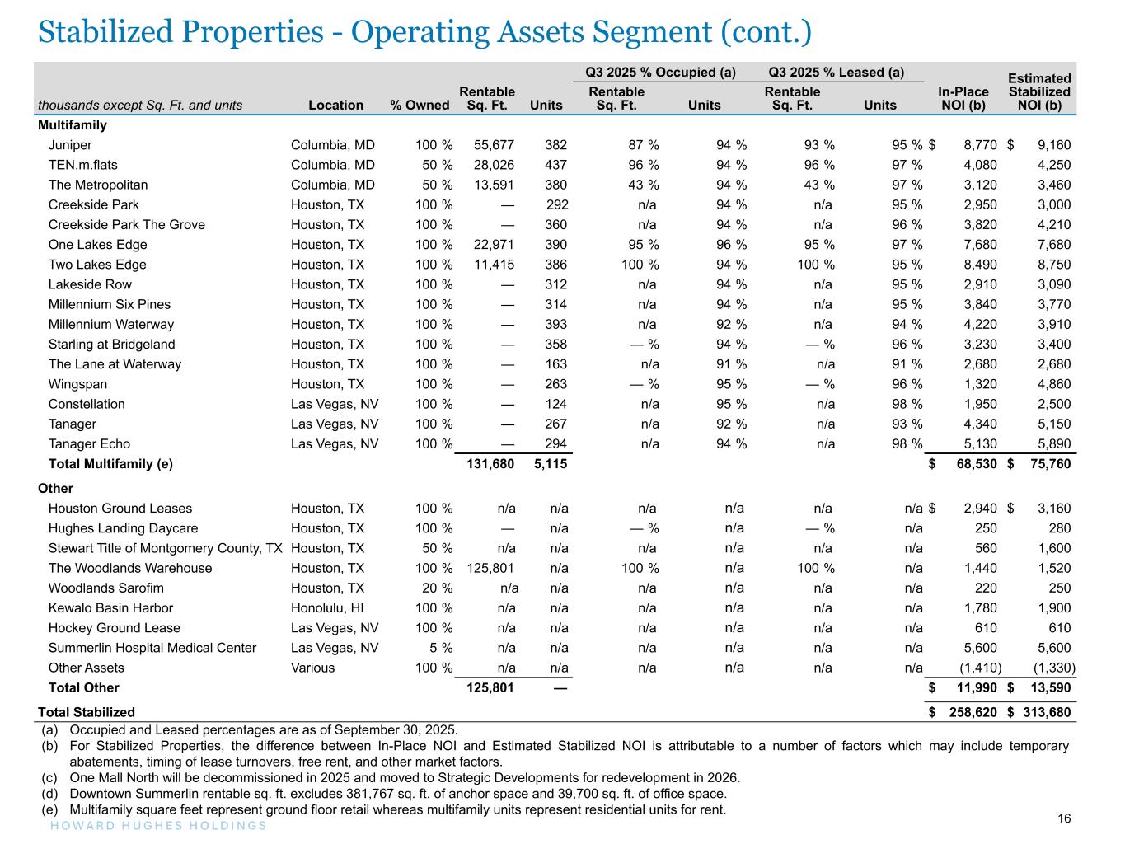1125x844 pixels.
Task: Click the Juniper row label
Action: (70, 145)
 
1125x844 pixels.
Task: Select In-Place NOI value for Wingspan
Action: (981, 384)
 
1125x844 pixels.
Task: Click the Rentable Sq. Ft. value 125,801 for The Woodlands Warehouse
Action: (490, 568)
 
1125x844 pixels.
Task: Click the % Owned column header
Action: (420, 105)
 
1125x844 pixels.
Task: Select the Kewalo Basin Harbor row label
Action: (110, 608)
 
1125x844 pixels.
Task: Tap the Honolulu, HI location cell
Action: (327, 608)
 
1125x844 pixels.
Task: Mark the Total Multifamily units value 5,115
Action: (550, 464)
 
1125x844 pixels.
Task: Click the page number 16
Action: (1064, 818)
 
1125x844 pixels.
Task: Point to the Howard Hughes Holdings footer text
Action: (153, 826)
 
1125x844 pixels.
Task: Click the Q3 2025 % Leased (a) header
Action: (836, 73)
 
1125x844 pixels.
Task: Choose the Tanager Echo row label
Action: (89, 444)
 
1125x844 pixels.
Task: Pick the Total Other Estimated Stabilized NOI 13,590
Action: (1048, 687)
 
